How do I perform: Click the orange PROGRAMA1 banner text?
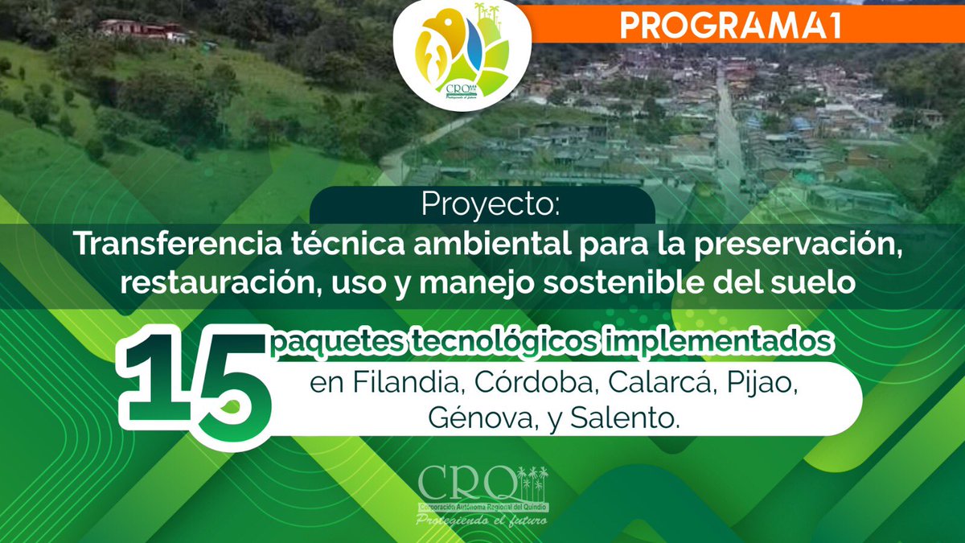730,26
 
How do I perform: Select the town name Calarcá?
663,383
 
